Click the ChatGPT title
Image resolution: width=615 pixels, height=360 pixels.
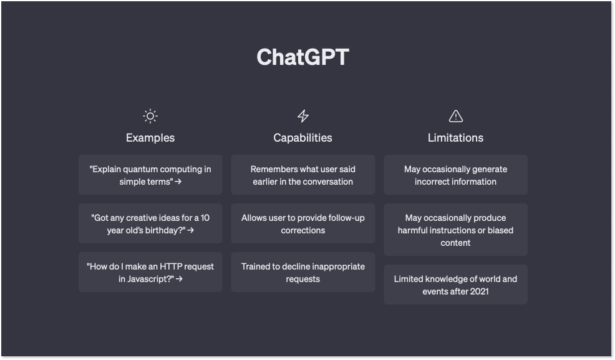point(303,57)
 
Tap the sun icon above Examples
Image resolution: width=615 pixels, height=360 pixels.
point(150,116)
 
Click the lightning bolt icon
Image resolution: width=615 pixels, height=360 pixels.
point(303,116)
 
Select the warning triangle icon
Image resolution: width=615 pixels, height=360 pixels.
point(456,116)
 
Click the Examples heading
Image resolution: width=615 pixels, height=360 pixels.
point(150,138)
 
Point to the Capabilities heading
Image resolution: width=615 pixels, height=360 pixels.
point(303,138)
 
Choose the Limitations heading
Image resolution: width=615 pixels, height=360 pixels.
point(456,138)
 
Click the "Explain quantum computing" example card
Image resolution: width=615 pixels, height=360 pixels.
point(150,175)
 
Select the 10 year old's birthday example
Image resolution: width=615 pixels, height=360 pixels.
point(150,223)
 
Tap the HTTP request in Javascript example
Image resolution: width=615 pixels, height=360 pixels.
point(150,272)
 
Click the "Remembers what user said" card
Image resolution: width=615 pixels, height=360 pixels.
point(303,175)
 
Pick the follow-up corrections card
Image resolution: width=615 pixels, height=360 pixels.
point(303,223)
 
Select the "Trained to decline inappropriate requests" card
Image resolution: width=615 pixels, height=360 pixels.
point(303,272)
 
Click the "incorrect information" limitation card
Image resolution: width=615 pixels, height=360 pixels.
point(456,175)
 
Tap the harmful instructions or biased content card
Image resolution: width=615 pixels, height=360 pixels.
point(456,230)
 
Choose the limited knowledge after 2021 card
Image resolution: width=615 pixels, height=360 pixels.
point(456,285)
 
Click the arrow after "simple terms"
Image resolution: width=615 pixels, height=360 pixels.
point(178,182)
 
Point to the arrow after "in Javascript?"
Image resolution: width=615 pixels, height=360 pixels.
point(179,279)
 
